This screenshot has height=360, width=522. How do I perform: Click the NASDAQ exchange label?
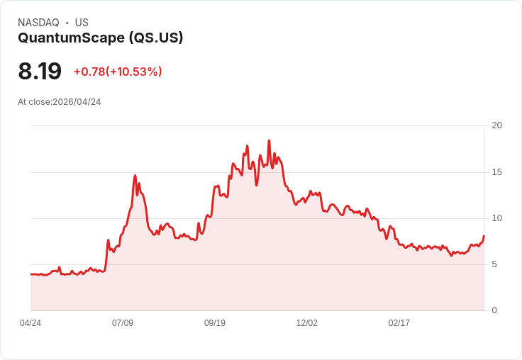(x=38, y=23)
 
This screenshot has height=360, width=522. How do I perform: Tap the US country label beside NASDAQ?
(x=82, y=23)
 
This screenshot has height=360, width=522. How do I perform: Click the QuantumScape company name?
(x=71, y=38)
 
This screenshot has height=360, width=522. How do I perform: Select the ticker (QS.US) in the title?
(x=156, y=38)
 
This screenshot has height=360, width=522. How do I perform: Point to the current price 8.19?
(x=40, y=71)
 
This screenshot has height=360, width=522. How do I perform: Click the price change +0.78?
(x=89, y=72)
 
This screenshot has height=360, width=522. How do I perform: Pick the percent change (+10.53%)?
(x=134, y=72)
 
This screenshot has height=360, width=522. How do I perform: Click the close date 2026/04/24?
(x=77, y=102)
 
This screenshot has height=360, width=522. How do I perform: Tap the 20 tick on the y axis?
(x=497, y=125)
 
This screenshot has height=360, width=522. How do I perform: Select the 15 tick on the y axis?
(x=497, y=172)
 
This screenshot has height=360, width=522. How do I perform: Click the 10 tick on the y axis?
(x=497, y=218)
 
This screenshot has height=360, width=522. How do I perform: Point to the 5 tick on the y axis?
(x=494, y=264)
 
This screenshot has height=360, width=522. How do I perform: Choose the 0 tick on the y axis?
(x=494, y=310)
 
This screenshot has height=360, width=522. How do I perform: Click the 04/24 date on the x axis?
(x=30, y=323)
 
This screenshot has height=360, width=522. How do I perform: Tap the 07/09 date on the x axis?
(x=123, y=323)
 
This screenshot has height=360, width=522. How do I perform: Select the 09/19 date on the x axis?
(x=215, y=323)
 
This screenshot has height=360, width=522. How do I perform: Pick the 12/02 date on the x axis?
(x=307, y=323)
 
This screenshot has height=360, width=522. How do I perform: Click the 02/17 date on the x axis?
(x=399, y=323)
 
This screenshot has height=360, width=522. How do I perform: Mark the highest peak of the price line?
(x=269, y=141)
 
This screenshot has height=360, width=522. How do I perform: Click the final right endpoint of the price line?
(x=484, y=235)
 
